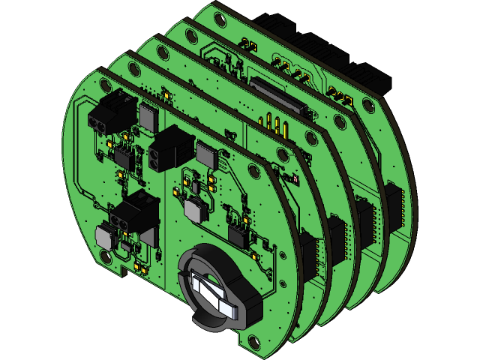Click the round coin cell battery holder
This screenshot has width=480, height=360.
(x=217, y=289)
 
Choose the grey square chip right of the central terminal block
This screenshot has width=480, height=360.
(x=205, y=155)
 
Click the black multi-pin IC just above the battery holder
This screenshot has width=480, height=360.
(x=239, y=235)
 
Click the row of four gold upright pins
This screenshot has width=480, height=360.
(x=273, y=122)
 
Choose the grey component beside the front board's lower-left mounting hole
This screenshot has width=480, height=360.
(x=106, y=237)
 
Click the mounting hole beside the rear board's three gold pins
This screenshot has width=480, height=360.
(x=367, y=105)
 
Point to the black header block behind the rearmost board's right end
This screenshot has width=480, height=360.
(x=371, y=75)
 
